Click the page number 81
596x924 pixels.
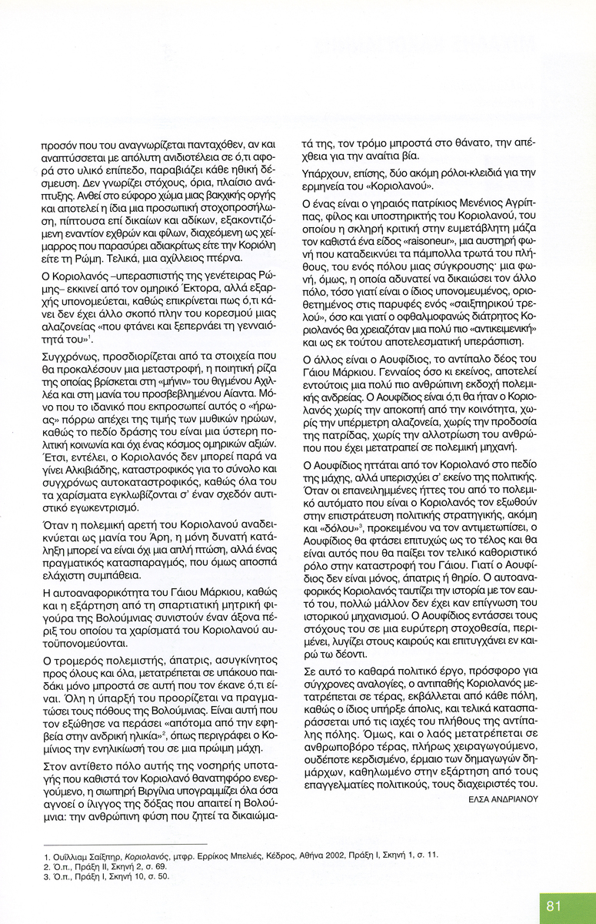pyautogui.click(x=554, y=906)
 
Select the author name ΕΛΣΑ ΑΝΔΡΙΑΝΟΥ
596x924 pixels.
pyautogui.click(x=504, y=799)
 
